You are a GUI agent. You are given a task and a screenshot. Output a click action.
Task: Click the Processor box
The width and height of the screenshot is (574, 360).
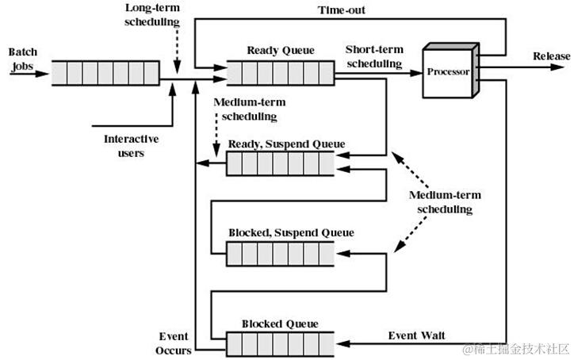click(x=450, y=71)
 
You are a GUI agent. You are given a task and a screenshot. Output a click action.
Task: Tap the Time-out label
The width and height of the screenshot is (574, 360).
click(x=342, y=10)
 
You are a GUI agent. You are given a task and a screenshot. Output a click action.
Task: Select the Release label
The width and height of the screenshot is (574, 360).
click(x=551, y=56)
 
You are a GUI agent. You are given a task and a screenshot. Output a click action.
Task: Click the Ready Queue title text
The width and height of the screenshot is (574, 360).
click(x=281, y=50)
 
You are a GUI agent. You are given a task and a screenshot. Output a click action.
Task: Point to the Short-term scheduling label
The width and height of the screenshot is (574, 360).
click(x=374, y=56)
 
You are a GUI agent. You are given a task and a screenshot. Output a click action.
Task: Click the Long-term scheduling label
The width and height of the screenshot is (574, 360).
click(x=152, y=14)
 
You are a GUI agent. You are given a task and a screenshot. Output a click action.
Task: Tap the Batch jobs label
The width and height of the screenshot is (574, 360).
click(x=23, y=59)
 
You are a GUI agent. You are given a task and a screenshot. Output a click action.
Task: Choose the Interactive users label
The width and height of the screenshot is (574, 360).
click(x=131, y=146)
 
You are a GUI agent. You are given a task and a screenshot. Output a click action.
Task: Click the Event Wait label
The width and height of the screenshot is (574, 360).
click(x=416, y=335)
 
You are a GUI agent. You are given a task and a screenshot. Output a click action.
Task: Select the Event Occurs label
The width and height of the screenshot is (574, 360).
click(x=173, y=343)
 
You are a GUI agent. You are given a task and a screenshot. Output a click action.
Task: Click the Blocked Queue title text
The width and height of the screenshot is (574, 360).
click(x=280, y=324)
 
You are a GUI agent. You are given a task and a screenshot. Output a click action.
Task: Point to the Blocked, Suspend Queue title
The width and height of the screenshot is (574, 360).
click(x=292, y=232)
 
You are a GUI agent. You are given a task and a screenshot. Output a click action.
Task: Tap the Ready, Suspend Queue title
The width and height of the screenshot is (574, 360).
click(x=287, y=144)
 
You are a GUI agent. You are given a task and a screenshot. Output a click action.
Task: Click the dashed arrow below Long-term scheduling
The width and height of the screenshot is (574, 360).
click(x=177, y=51)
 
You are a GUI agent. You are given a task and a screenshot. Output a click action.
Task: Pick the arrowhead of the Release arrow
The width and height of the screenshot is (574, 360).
click(x=557, y=67)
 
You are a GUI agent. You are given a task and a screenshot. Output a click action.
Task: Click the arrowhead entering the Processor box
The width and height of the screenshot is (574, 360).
click(x=416, y=73)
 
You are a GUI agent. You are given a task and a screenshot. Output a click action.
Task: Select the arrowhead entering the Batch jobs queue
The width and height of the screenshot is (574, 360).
click(x=43, y=74)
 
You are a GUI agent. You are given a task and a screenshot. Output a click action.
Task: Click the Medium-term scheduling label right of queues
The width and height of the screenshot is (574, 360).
click(x=445, y=202)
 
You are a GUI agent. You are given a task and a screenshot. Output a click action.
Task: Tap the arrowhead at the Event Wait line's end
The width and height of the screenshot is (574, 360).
click(x=343, y=343)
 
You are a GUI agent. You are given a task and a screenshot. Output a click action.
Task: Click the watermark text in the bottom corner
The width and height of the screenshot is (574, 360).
click(x=516, y=349)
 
